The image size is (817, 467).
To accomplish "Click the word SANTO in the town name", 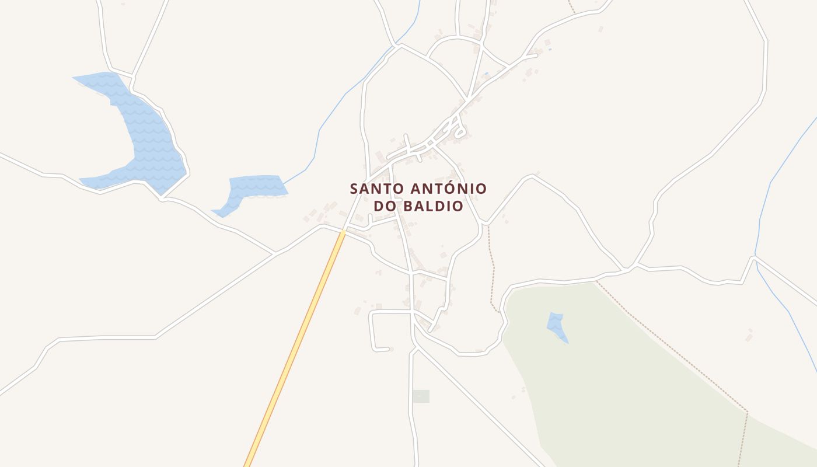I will [375, 189].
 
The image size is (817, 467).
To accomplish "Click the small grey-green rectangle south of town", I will [421, 396].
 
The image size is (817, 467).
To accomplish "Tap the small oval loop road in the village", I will [459, 134].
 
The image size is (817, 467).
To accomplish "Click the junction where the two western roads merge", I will [275, 253].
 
